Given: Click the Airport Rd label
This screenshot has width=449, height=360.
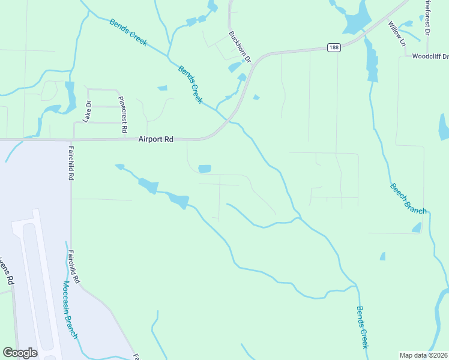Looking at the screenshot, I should tap(155, 139).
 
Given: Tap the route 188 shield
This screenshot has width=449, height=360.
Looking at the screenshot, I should tap(334, 47).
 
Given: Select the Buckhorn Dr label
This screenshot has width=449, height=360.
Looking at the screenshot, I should tap(239, 46).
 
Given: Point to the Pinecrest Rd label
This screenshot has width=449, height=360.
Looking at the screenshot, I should tap(122, 114).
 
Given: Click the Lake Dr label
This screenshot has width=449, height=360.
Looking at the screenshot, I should tap(88, 112).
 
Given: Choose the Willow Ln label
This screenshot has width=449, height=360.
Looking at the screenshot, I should tap(397, 34).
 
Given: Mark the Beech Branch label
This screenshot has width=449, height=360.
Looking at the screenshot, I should tap(408, 199).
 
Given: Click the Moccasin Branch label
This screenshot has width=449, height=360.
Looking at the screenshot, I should tap(70, 310).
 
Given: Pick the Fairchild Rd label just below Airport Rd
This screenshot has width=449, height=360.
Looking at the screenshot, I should tap(71, 163).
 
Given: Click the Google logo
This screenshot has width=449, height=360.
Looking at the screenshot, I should tap(20, 353).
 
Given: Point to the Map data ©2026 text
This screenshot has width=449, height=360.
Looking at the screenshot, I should tap(423, 355).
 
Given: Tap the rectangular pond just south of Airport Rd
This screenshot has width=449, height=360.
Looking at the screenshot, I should tap(205, 169).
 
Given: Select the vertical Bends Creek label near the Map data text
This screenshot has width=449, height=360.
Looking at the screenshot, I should tap(362, 328).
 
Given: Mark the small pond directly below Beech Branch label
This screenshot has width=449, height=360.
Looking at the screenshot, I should tap(416, 227).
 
